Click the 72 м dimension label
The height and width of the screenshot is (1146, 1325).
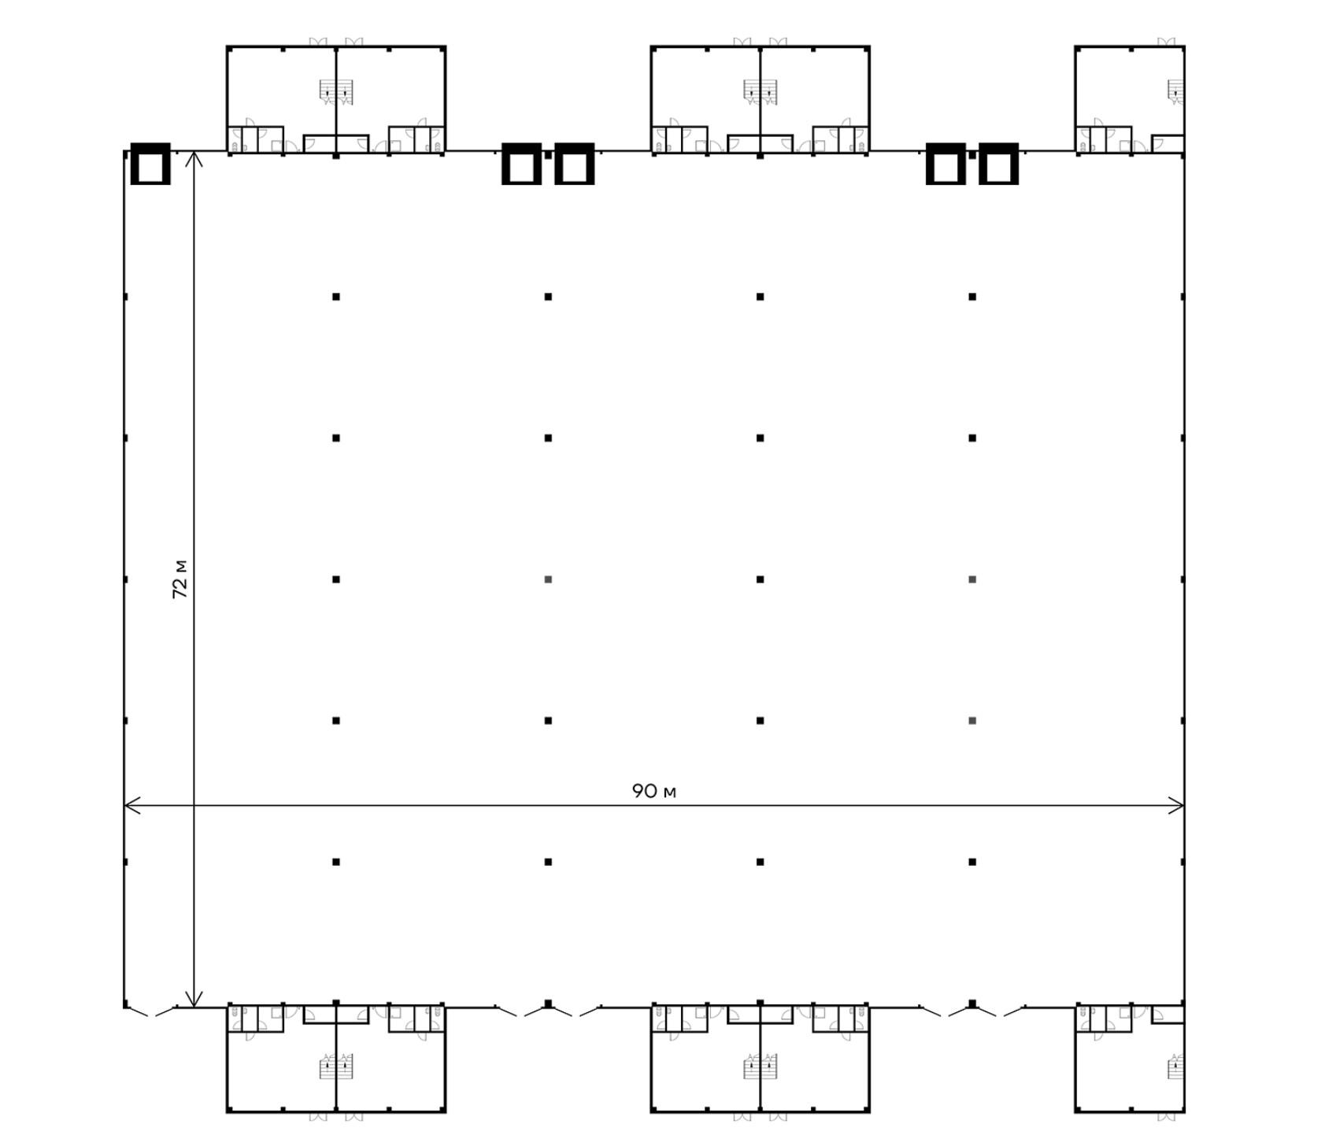point(180,579)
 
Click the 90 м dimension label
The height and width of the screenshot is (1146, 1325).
point(653,790)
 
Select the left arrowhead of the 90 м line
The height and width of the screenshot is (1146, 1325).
point(132,805)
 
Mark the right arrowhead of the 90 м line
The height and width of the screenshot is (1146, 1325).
point(1176,805)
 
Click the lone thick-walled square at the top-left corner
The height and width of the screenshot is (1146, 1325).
point(150,164)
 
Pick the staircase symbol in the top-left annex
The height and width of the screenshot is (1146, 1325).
point(336,91)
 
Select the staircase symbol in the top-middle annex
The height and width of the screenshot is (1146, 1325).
point(761,91)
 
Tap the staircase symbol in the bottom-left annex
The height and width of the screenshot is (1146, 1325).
point(336,1067)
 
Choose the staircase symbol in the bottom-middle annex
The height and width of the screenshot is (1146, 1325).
point(761,1067)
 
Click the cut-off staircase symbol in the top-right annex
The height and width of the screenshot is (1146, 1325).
point(1176,91)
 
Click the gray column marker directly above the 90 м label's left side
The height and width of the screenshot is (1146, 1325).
point(548,579)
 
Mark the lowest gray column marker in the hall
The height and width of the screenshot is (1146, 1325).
point(972,720)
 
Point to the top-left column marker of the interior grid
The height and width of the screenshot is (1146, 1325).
point(336,297)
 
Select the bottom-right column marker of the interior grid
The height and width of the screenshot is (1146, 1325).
point(972,862)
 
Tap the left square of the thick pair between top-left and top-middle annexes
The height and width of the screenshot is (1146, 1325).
point(521,164)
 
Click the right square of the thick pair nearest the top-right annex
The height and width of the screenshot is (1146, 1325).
point(999,164)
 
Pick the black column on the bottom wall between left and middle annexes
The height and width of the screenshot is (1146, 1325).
point(548,1004)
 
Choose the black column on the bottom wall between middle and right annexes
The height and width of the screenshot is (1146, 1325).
point(972,1004)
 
